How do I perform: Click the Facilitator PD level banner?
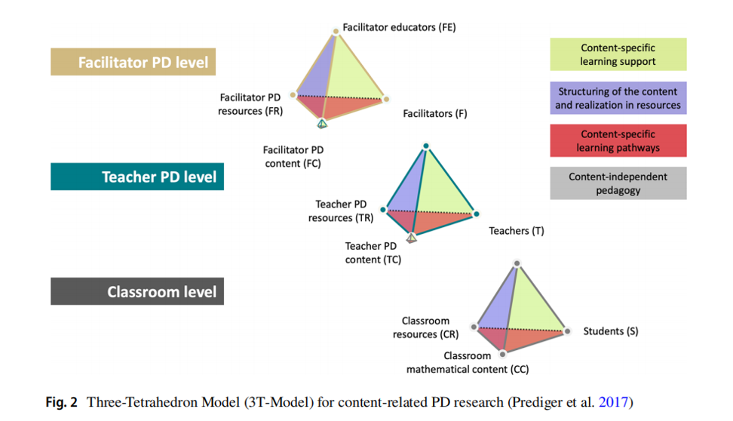click(x=133, y=62)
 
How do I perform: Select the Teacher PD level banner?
click(x=137, y=177)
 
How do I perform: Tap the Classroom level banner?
click(x=137, y=292)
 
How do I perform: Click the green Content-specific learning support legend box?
click(x=618, y=54)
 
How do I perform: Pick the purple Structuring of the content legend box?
click(x=618, y=99)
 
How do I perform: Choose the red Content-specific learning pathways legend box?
click(x=618, y=141)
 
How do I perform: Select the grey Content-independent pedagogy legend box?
click(x=618, y=183)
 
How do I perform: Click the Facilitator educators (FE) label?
click(x=399, y=27)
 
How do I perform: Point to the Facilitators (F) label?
click(x=435, y=114)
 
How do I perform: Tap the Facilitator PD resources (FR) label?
click(x=251, y=104)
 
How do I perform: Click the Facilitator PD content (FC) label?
click(x=292, y=156)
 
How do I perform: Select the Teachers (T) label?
click(x=516, y=231)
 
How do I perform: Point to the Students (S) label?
click(x=611, y=331)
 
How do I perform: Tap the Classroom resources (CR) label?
click(x=425, y=327)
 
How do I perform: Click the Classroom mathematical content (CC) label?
click(x=468, y=363)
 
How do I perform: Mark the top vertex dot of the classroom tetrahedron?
click(x=517, y=263)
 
